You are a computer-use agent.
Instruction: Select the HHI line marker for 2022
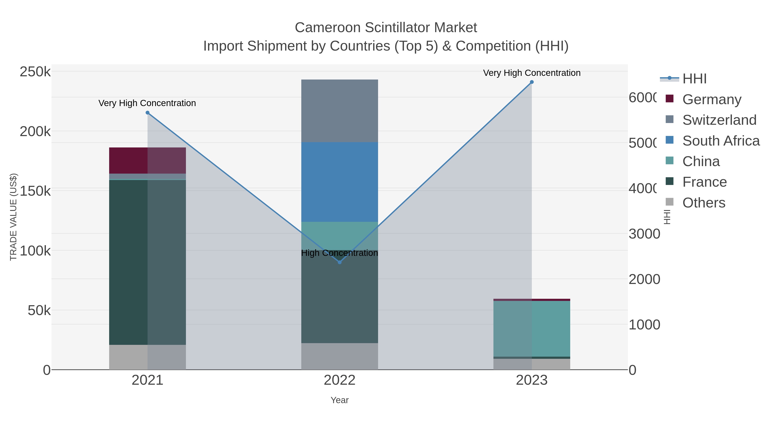[x=339, y=262]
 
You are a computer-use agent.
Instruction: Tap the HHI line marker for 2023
[x=532, y=82]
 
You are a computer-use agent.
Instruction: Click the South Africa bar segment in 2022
[x=339, y=182]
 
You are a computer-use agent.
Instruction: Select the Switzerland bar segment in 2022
[x=339, y=111]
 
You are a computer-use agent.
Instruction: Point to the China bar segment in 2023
[x=532, y=329]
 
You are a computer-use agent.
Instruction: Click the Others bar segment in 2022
[x=339, y=356]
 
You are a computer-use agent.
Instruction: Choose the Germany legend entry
[x=712, y=99]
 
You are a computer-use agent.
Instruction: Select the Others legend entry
[x=704, y=203]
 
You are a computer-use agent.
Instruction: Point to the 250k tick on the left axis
[x=35, y=72]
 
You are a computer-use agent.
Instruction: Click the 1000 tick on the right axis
[x=644, y=325]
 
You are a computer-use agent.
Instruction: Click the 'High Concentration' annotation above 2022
[x=339, y=253]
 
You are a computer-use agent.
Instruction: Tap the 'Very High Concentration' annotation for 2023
[x=532, y=73]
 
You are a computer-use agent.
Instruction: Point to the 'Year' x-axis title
[x=339, y=400]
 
